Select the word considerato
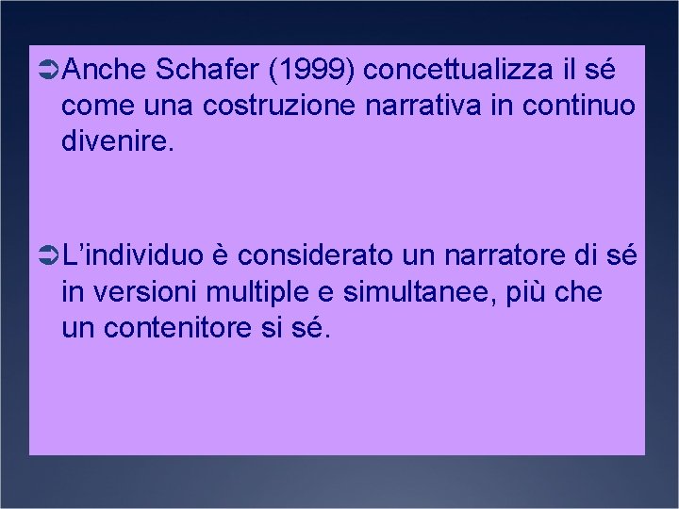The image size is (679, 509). point(328,254)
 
